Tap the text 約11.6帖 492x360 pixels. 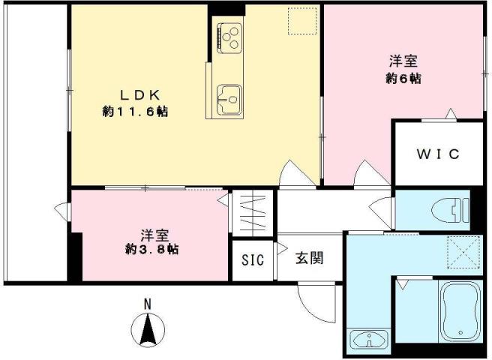(135, 112)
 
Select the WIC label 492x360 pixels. (438, 154)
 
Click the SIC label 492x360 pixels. (253, 260)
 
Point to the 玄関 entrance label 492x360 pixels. (308, 259)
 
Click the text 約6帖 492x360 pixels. (403, 79)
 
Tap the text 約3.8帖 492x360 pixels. (152, 249)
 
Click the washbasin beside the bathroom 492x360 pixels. (368, 339)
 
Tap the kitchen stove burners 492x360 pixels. (229, 35)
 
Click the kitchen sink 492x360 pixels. (229, 97)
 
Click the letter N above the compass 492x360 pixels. (148, 304)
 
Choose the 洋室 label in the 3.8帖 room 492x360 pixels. (152, 232)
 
